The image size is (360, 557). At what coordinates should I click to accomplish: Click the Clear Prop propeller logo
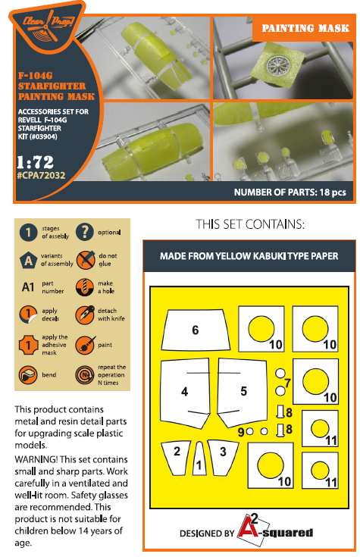click(48, 26)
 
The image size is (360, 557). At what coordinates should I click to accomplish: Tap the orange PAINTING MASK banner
click(304, 28)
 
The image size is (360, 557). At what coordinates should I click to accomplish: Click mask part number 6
click(196, 330)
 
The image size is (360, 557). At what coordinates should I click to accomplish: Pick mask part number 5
click(242, 392)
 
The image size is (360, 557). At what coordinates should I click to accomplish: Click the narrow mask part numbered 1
click(199, 458)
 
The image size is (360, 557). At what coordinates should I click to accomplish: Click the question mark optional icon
click(85, 233)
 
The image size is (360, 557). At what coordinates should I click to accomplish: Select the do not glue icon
click(86, 260)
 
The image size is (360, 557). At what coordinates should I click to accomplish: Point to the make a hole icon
click(85, 287)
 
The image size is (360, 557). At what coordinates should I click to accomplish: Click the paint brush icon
click(85, 345)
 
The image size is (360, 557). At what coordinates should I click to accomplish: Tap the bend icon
click(28, 375)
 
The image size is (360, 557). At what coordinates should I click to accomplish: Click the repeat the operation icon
click(85, 375)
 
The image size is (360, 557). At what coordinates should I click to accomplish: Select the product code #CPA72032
click(41, 176)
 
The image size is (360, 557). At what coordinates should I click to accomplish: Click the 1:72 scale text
click(35, 162)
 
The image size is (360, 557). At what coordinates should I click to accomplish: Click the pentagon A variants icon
click(28, 261)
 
